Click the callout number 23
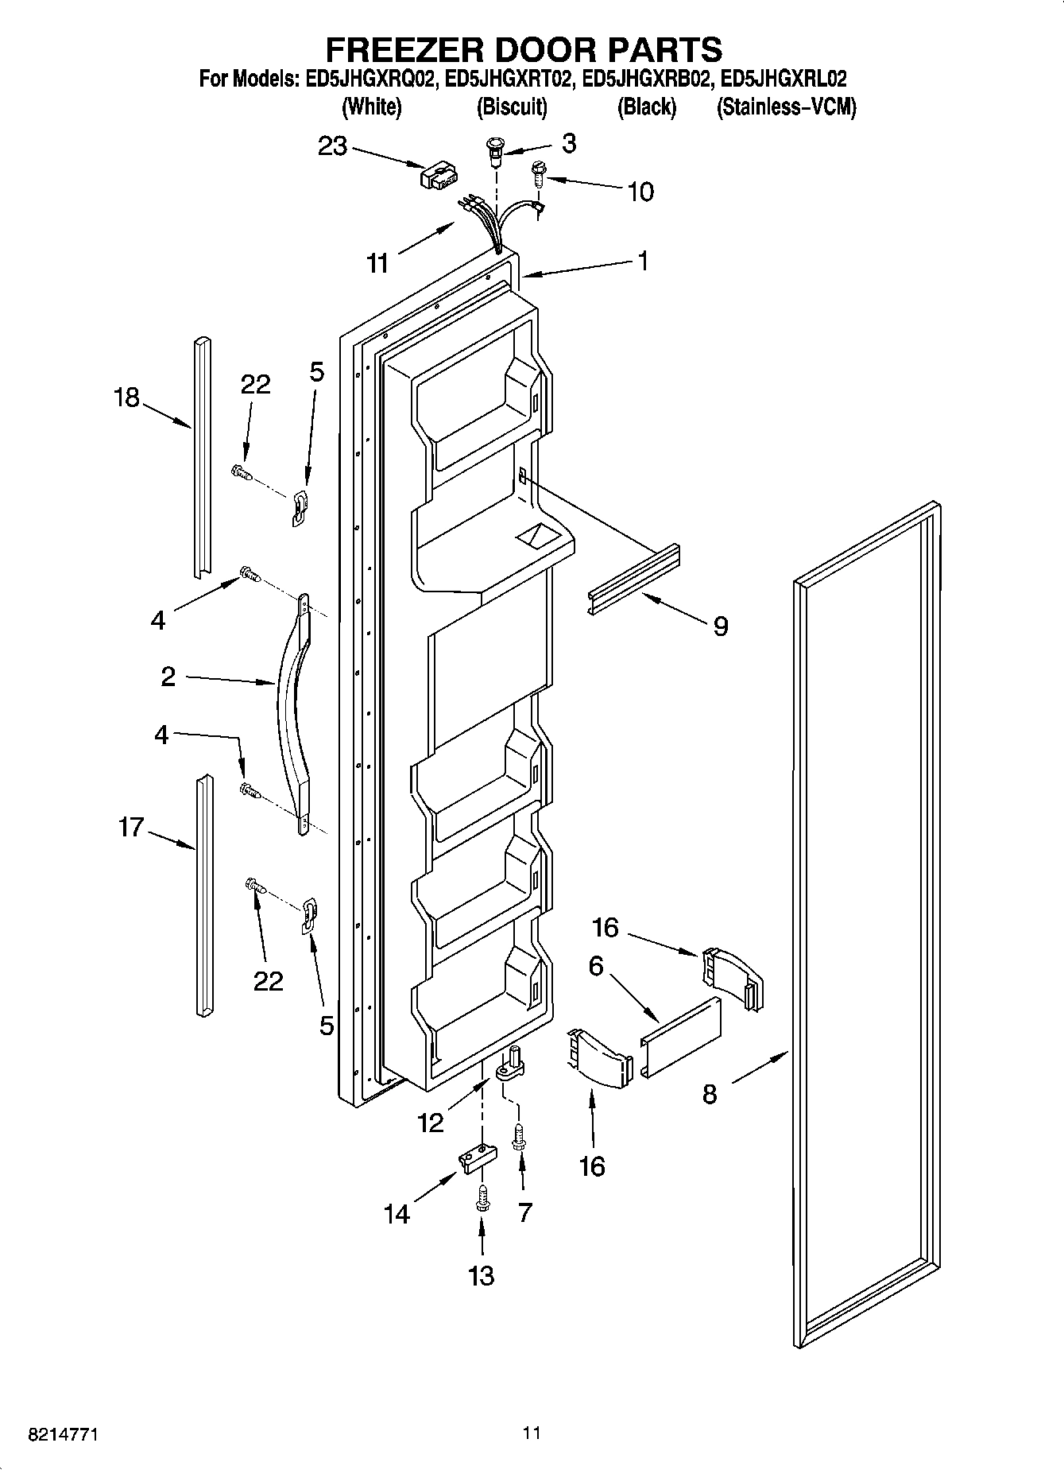coord(332,146)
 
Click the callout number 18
coord(126,397)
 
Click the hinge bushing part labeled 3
coord(496,151)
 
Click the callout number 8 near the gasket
coord(710,1094)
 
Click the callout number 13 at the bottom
coord(482,1275)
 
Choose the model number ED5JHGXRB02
coord(645,80)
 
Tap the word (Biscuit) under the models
coord(512,107)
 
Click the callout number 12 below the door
coord(431,1123)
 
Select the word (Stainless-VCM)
coord(786,107)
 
